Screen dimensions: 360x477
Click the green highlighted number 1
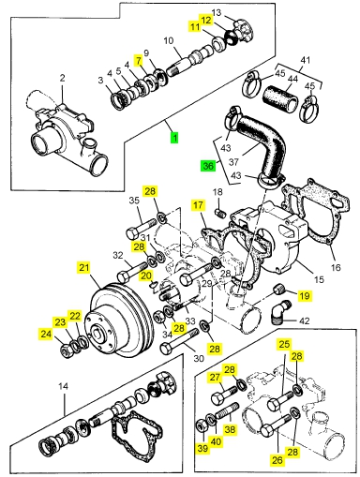174,138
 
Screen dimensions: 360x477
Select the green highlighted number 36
208,166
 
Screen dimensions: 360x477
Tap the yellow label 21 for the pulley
83,268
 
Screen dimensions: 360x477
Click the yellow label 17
198,205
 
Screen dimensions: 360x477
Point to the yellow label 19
305,295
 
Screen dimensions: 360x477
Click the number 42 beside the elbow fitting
305,320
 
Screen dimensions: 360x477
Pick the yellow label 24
46,334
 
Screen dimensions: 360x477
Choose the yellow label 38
230,429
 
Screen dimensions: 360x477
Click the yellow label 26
277,459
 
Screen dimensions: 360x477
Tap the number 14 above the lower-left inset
63,386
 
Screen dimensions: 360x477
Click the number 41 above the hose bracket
305,59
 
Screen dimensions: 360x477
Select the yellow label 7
139,60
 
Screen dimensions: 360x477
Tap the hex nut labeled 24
66,350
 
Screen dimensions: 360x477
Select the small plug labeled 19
279,290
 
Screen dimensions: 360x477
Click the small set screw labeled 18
220,213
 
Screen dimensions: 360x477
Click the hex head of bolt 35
132,233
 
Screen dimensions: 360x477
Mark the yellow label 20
146,276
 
